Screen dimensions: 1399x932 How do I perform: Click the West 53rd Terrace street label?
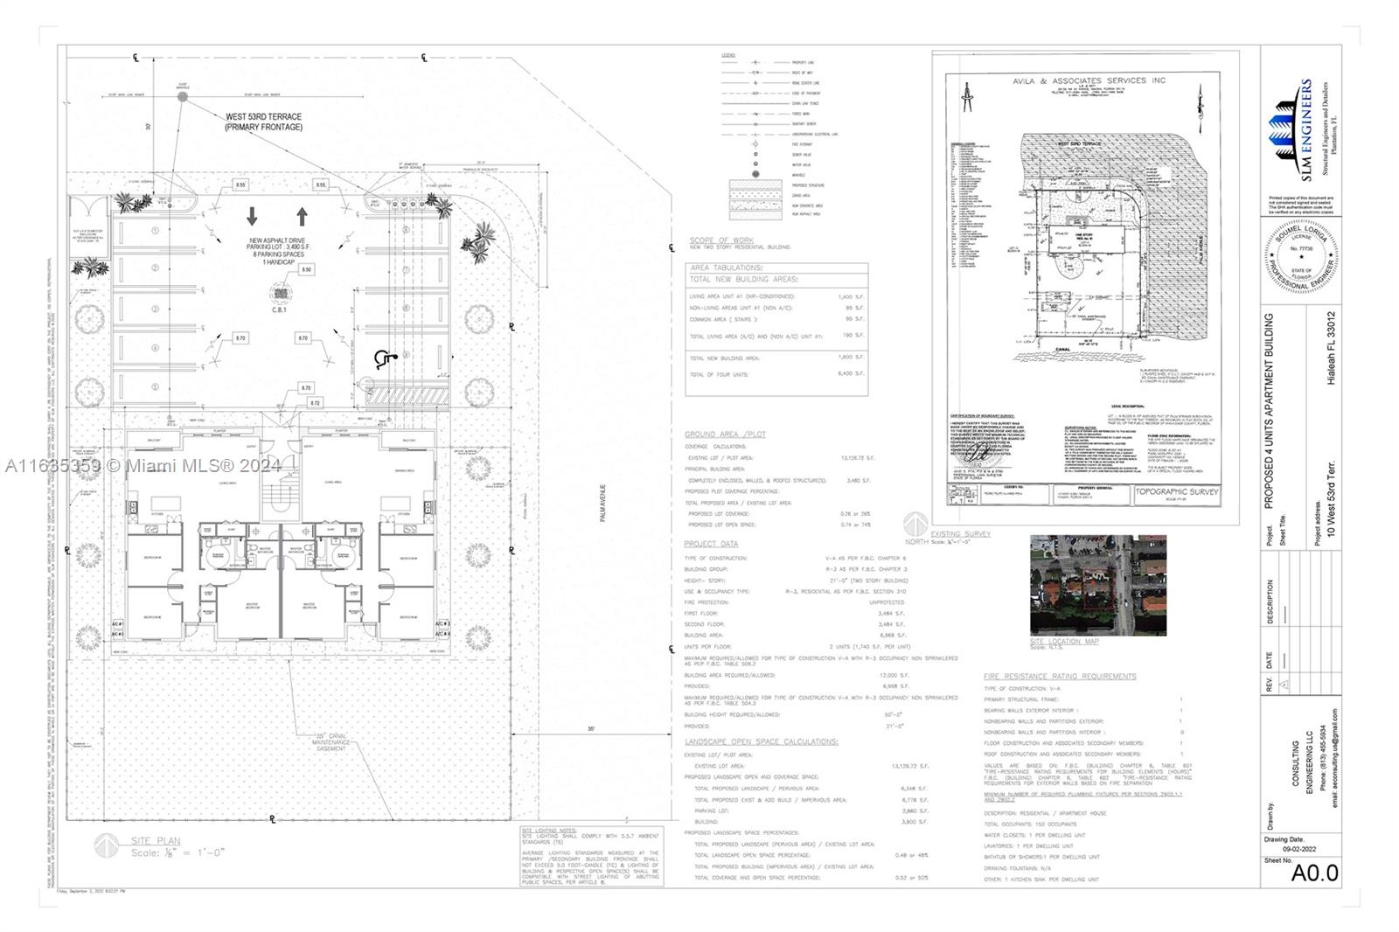[263, 122]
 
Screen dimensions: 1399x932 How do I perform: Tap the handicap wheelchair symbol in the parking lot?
[382, 358]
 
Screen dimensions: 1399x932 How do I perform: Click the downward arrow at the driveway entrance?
[253, 216]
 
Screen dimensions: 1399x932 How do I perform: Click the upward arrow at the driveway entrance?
[303, 216]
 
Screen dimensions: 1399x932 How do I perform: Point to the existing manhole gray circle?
[183, 97]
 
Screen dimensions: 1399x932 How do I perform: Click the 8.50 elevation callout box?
[306, 270]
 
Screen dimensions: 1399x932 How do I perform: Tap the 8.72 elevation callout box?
[316, 403]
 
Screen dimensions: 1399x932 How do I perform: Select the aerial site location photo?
[1097, 585]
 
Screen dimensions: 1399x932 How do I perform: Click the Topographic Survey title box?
[1177, 492]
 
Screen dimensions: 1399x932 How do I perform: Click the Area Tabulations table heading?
[727, 268]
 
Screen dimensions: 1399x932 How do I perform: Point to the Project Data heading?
[711, 544]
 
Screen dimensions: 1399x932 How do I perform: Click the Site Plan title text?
[156, 841]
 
